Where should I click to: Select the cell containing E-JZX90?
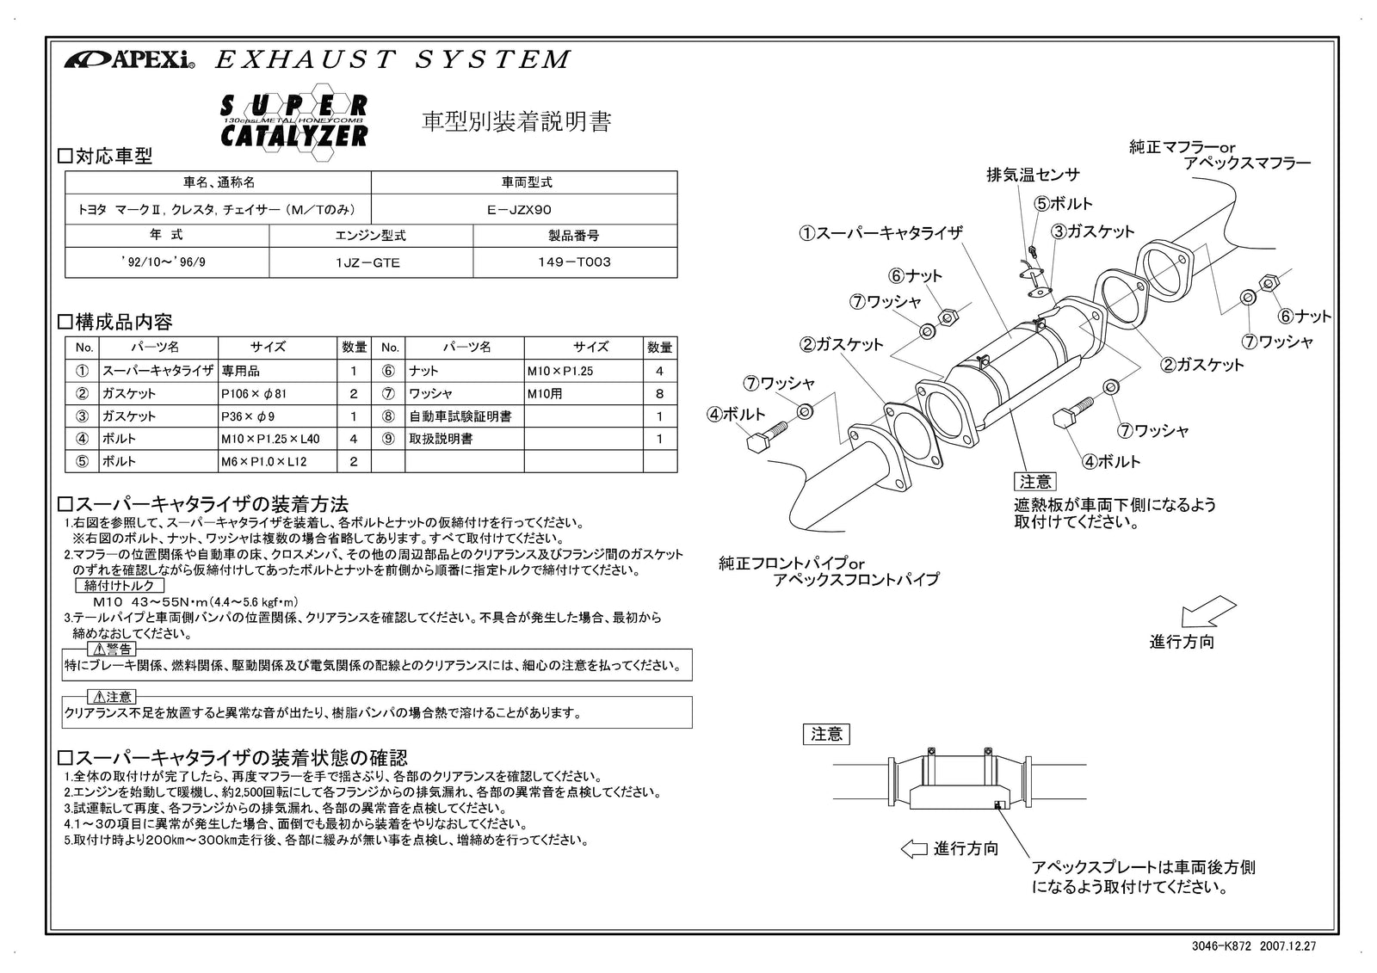[524, 209]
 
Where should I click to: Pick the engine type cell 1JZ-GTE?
[370, 263]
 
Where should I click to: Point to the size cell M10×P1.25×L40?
[269, 439]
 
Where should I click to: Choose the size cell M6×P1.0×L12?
[263, 462]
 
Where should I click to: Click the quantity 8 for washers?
[659, 394]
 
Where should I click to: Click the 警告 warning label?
[113, 650]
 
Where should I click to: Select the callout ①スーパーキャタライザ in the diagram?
[880, 233]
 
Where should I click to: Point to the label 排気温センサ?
[1033, 176]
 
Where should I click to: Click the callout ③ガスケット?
[1093, 231]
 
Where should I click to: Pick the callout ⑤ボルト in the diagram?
[1064, 204]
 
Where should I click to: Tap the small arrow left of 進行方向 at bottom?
[913, 849]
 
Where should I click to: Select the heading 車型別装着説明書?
[516, 122]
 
